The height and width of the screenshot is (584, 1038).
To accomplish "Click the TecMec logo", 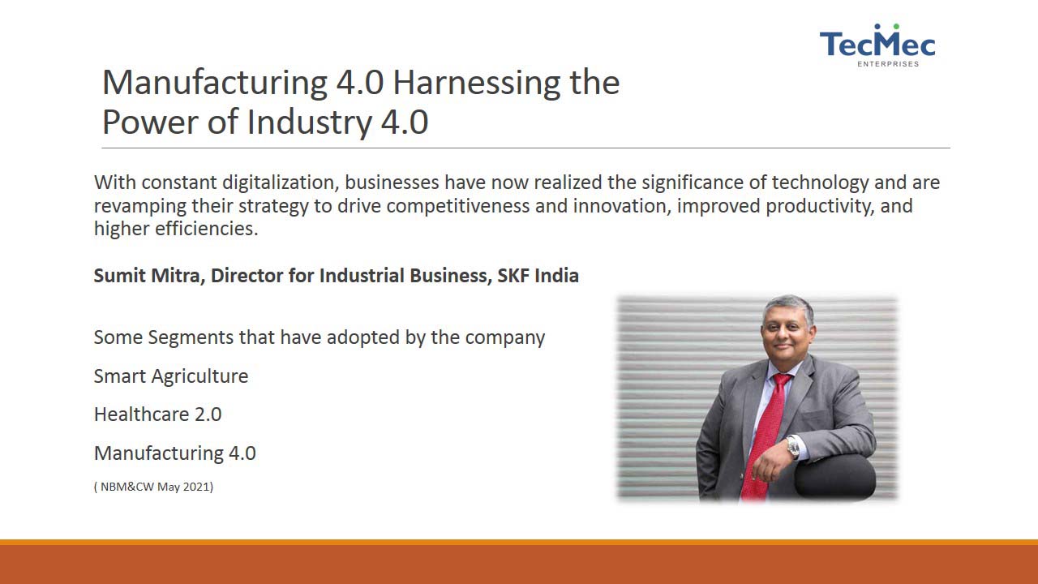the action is click(x=877, y=45).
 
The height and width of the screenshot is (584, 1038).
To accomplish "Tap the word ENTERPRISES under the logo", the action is click(x=888, y=64).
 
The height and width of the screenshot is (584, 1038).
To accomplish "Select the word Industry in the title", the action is click(x=309, y=122).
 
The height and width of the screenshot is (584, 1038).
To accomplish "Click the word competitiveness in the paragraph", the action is click(x=458, y=206).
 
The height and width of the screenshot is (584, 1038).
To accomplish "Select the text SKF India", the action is click(x=538, y=275).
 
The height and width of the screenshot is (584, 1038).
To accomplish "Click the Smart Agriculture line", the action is click(x=171, y=376).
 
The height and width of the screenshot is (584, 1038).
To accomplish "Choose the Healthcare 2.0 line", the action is click(x=157, y=414).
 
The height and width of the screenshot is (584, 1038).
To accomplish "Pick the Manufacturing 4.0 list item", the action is click(x=174, y=453).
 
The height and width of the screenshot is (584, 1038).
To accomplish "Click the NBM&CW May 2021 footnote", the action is click(x=153, y=487).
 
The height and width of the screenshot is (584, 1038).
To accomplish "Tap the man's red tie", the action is click(x=766, y=436).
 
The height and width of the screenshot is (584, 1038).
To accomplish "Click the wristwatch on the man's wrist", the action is click(x=792, y=447).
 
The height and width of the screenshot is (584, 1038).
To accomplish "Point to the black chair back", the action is click(x=835, y=477).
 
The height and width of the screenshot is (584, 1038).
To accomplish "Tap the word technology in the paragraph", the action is click(x=820, y=182).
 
